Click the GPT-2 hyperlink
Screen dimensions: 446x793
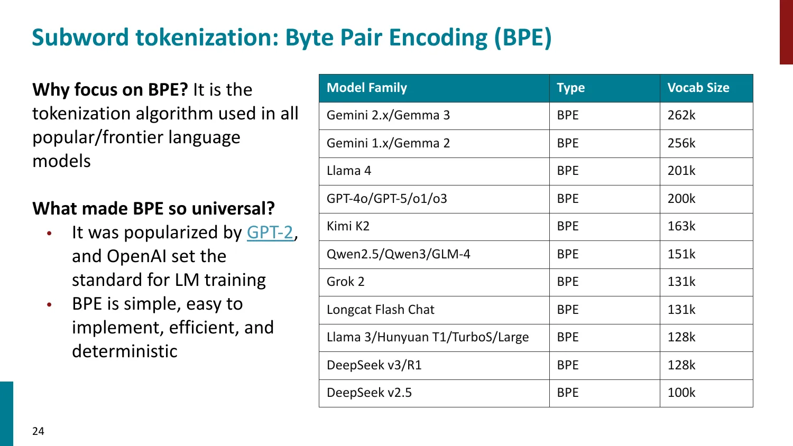pyautogui.click(x=270, y=233)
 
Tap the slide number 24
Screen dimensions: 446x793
pyautogui.click(x=38, y=431)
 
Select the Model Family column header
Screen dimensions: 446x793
pyautogui.click(x=367, y=88)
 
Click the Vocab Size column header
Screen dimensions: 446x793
pyautogui.click(x=698, y=88)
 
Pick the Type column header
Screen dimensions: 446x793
pyautogui.click(x=570, y=88)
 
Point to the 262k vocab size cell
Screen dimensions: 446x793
pyautogui.click(x=681, y=115)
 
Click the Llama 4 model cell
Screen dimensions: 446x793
pyautogui.click(x=349, y=171)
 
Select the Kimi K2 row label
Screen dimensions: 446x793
pyautogui.click(x=348, y=226)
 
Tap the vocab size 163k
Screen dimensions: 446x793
pyautogui.click(x=681, y=226)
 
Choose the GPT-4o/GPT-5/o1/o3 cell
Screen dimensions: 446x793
pyautogui.click(x=386, y=199)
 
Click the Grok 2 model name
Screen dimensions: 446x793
pyautogui.click(x=345, y=282)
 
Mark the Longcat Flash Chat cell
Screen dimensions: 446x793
pyautogui.click(x=380, y=310)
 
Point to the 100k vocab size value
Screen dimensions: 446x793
pyautogui.click(x=681, y=393)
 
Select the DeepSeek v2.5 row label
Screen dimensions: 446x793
pyautogui.click(x=369, y=393)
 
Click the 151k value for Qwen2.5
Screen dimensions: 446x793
pyautogui.click(x=681, y=254)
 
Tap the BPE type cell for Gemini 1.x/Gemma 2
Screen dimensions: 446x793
pyautogui.click(x=568, y=143)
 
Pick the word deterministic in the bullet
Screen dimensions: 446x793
pyautogui.click(x=125, y=351)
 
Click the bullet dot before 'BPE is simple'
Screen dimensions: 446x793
pyautogui.click(x=49, y=305)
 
